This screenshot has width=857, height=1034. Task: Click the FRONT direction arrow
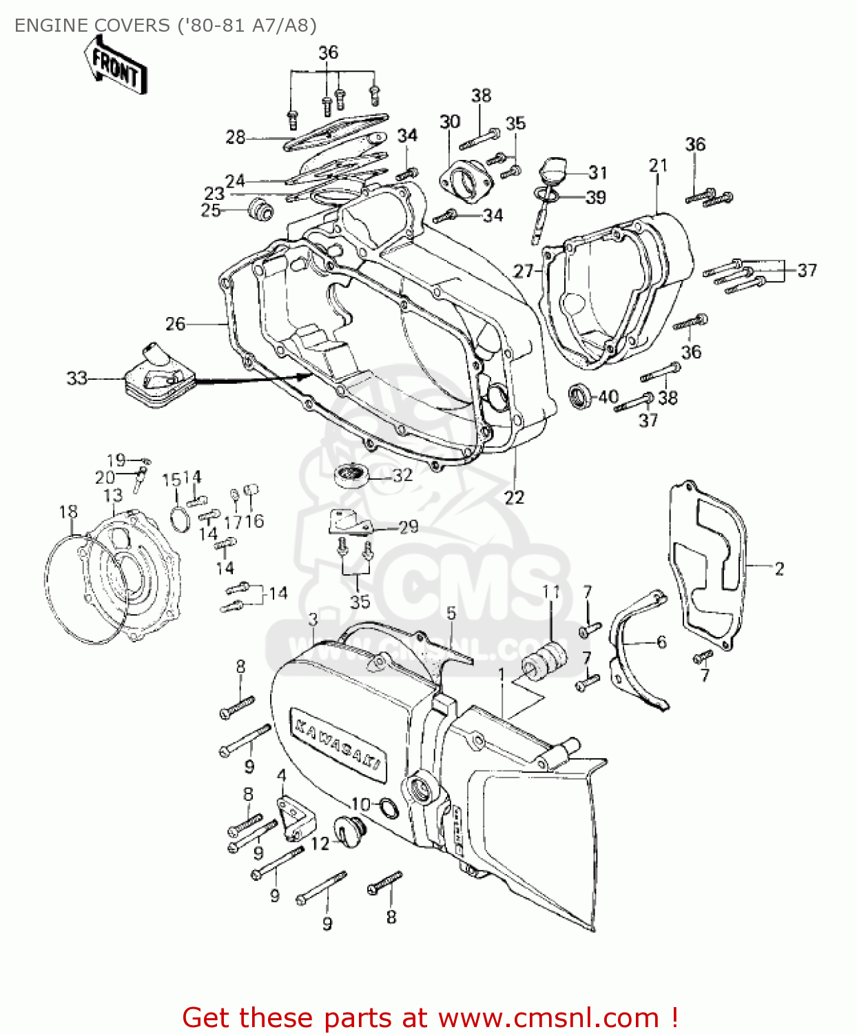116,65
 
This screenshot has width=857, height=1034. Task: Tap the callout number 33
76,378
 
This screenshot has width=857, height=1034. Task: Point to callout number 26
175,323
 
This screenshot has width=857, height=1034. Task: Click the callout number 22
514,497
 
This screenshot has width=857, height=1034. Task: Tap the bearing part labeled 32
352,474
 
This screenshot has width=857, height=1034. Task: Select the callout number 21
658,165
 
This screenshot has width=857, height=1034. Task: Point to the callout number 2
779,569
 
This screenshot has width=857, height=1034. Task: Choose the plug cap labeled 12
349,828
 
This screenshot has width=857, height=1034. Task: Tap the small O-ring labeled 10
388,807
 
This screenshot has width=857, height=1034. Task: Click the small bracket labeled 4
295,818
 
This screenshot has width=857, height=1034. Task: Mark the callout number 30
449,122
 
